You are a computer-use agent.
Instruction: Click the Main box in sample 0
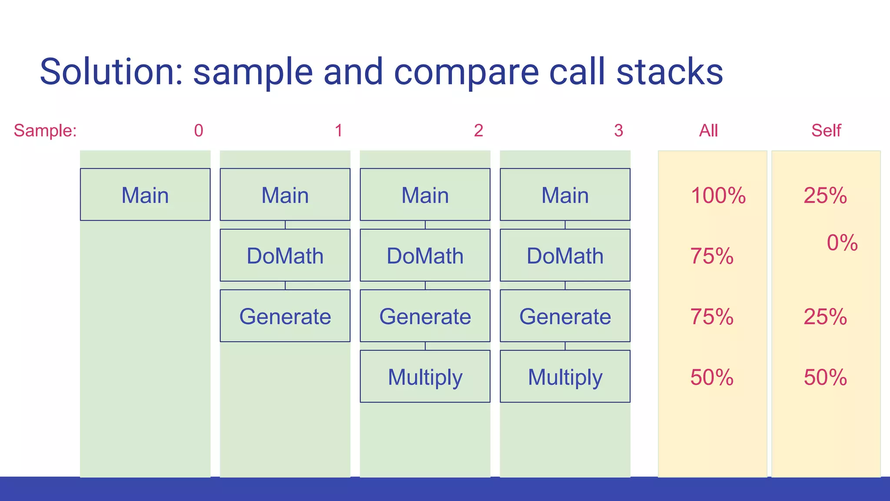145,194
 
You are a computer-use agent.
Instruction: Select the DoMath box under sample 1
285,255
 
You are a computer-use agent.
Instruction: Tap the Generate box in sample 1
285,316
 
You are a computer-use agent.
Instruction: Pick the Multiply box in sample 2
425,376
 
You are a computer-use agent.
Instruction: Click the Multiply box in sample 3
565,376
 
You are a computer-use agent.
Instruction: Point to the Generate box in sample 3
565,316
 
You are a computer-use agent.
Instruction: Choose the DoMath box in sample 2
425,255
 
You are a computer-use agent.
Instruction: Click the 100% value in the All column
718,196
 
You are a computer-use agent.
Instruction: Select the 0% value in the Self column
842,243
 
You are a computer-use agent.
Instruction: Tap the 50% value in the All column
712,377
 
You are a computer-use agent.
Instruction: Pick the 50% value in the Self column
825,377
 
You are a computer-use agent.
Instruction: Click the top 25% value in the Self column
825,196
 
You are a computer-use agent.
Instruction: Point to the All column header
708,130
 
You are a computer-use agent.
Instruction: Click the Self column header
826,130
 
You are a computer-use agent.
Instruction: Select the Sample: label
45,130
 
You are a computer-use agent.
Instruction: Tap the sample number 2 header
478,130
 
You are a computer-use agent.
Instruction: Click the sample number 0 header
199,130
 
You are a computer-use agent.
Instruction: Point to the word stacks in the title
670,72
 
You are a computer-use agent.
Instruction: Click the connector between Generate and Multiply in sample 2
425,346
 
